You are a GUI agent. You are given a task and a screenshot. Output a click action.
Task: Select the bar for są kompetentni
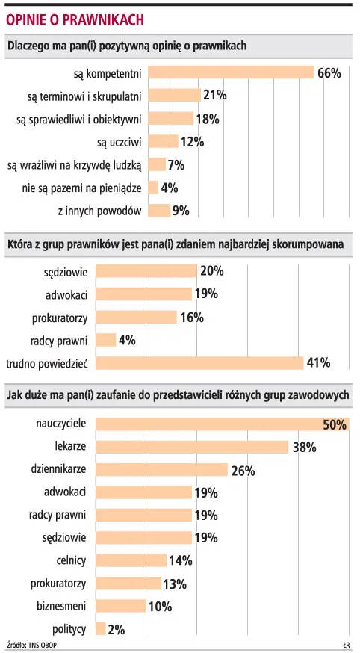tap(231, 72)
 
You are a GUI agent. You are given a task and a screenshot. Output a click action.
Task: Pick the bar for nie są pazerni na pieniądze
tap(154, 188)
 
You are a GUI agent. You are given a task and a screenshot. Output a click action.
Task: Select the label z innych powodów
tap(99, 211)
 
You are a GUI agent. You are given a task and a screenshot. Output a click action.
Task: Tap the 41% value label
tap(317, 363)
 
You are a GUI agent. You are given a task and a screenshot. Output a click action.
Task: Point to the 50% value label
tap(334, 425)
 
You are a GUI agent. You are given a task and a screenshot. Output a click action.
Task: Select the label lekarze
tap(70, 447)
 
